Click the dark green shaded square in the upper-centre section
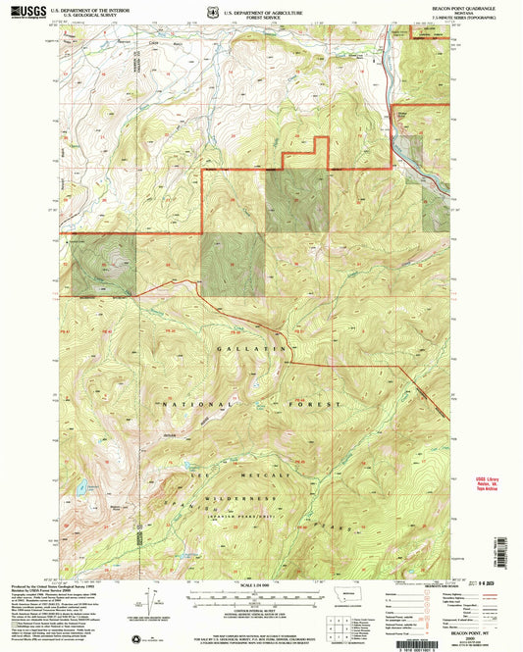pos(297,201)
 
